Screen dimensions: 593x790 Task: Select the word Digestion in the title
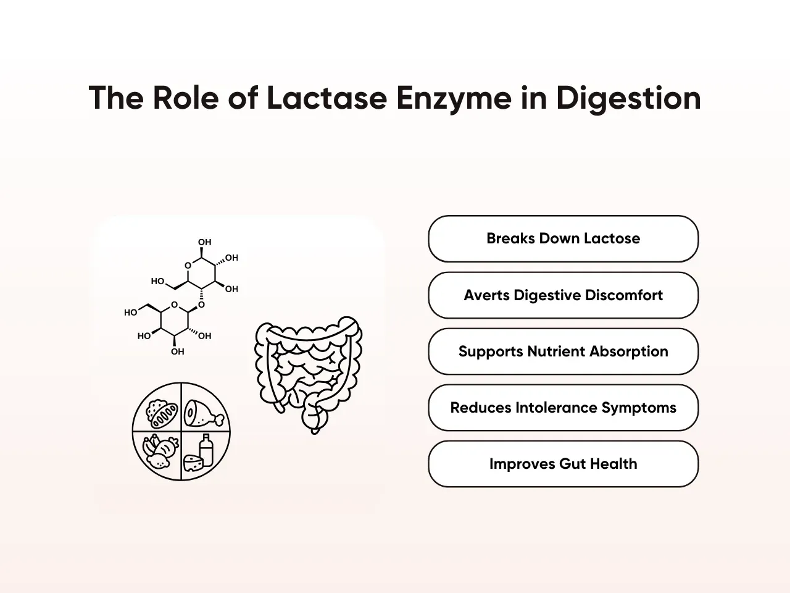tap(628, 98)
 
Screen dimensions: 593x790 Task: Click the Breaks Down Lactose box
tap(563, 238)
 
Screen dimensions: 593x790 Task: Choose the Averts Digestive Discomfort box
tap(563, 295)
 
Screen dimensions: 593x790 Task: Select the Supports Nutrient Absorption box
tap(563, 351)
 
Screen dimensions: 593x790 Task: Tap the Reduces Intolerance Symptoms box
tap(563, 408)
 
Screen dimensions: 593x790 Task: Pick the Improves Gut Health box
tap(563, 464)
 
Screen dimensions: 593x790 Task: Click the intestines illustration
tap(309, 374)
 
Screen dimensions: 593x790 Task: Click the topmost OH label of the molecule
tap(204, 242)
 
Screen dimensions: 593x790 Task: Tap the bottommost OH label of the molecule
tap(178, 351)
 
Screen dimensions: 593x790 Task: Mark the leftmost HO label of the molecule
tap(131, 313)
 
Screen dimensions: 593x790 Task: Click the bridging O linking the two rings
tap(201, 305)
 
